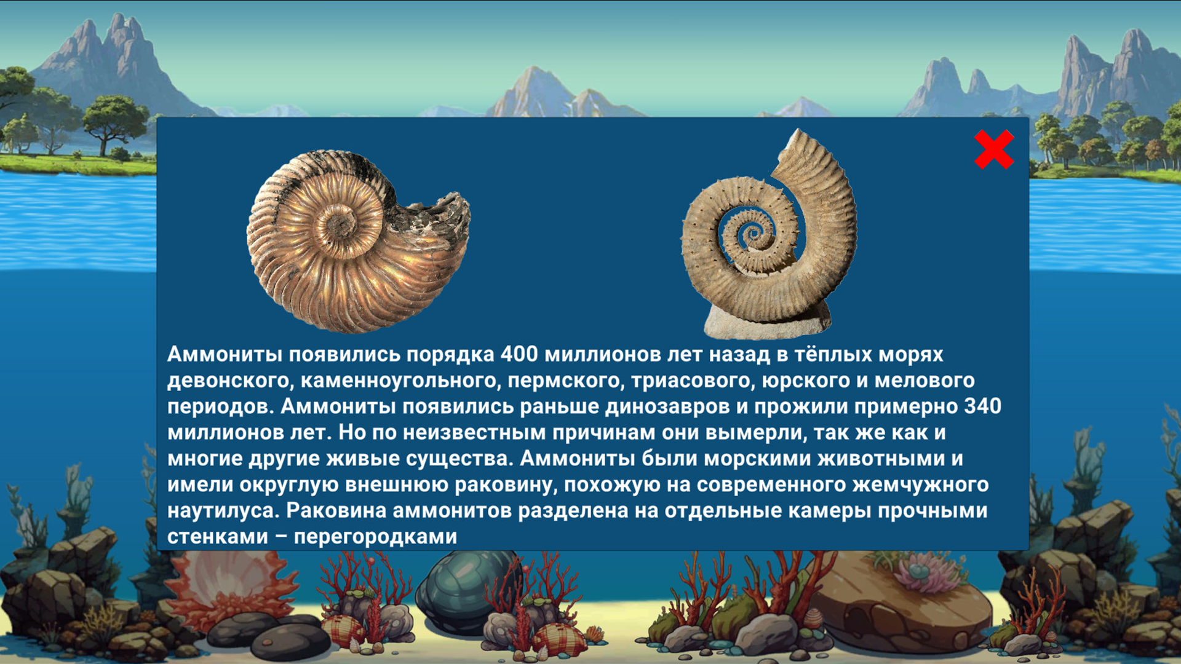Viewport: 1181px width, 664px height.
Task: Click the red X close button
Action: (x=993, y=149)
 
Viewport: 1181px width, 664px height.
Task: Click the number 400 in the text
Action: (x=519, y=355)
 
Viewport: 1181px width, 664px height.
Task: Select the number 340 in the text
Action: (x=982, y=406)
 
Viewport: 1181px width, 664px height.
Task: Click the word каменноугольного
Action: (x=400, y=381)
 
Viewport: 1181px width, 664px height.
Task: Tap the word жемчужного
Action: (x=920, y=484)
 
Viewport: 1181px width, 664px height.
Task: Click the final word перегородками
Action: (x=375, y=537)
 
